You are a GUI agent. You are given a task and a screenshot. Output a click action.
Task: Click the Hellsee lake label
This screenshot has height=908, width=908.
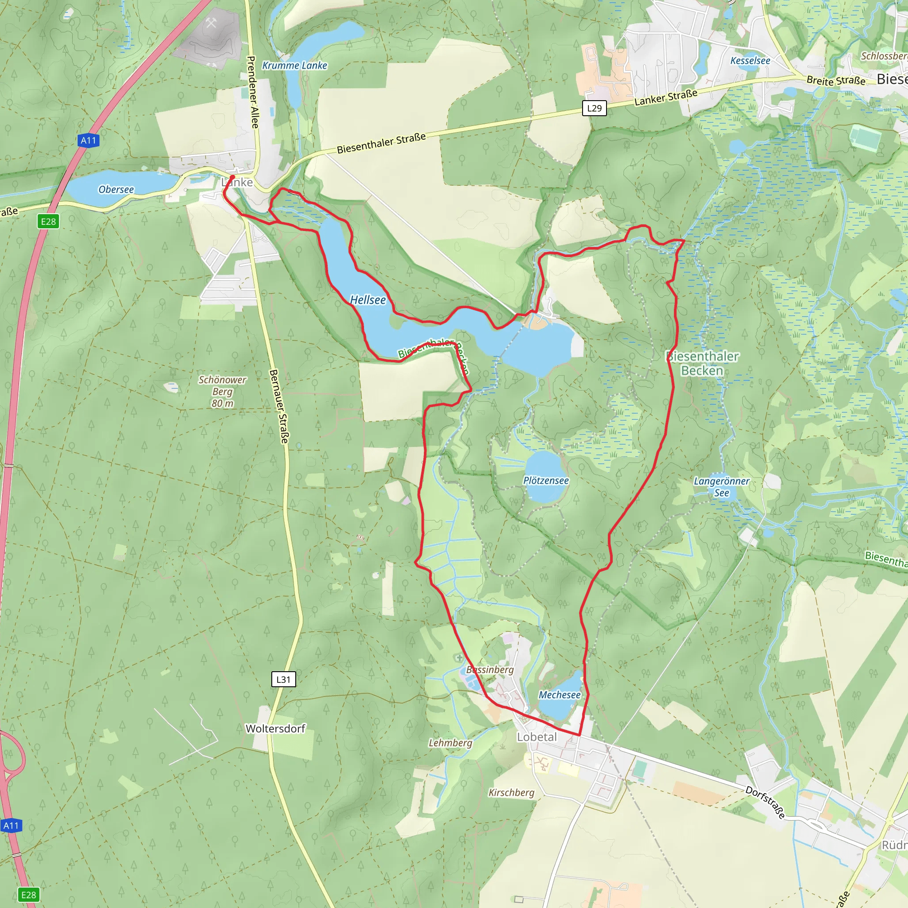[x=368, y=300]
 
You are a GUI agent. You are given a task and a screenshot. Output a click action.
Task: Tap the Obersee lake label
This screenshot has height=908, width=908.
[x=116, y=189]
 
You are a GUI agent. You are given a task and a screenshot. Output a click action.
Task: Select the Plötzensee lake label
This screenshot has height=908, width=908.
[x=546, y=480]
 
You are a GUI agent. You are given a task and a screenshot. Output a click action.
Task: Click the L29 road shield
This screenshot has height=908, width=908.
[x=594, y=108]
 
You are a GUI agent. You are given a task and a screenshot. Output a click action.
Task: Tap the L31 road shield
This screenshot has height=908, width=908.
[x=283, y=679]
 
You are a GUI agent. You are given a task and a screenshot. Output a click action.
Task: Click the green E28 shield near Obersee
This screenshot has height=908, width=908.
[x=48, y=221]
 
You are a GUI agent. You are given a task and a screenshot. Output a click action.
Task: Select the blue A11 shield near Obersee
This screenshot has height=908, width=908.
[x=88, y=140]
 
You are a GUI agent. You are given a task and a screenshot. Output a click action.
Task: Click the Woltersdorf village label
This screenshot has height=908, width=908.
[x=275, y=728]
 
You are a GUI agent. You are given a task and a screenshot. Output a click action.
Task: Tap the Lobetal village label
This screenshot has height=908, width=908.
[x=536, y=737]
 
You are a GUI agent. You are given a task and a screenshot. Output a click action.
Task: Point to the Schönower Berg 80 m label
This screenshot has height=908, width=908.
[x=222, y=391]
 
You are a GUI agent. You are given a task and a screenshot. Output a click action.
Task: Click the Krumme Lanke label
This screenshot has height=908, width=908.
[x=294, y=65]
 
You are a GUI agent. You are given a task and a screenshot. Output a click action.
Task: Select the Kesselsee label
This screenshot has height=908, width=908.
[x=750, y=61]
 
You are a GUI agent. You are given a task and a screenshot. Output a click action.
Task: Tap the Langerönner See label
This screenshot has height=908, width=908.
[x=721, y=487]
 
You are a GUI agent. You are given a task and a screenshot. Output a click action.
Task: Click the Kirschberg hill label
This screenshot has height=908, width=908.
[x=511, y=792]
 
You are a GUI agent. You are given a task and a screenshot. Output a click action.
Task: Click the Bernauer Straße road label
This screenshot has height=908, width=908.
[x=279, y=406]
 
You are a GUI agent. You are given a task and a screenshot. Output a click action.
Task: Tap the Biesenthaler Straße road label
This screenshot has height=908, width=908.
[x=381, y=142]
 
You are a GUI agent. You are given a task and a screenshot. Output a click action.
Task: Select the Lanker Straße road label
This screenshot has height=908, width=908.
[x=665, y=97]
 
